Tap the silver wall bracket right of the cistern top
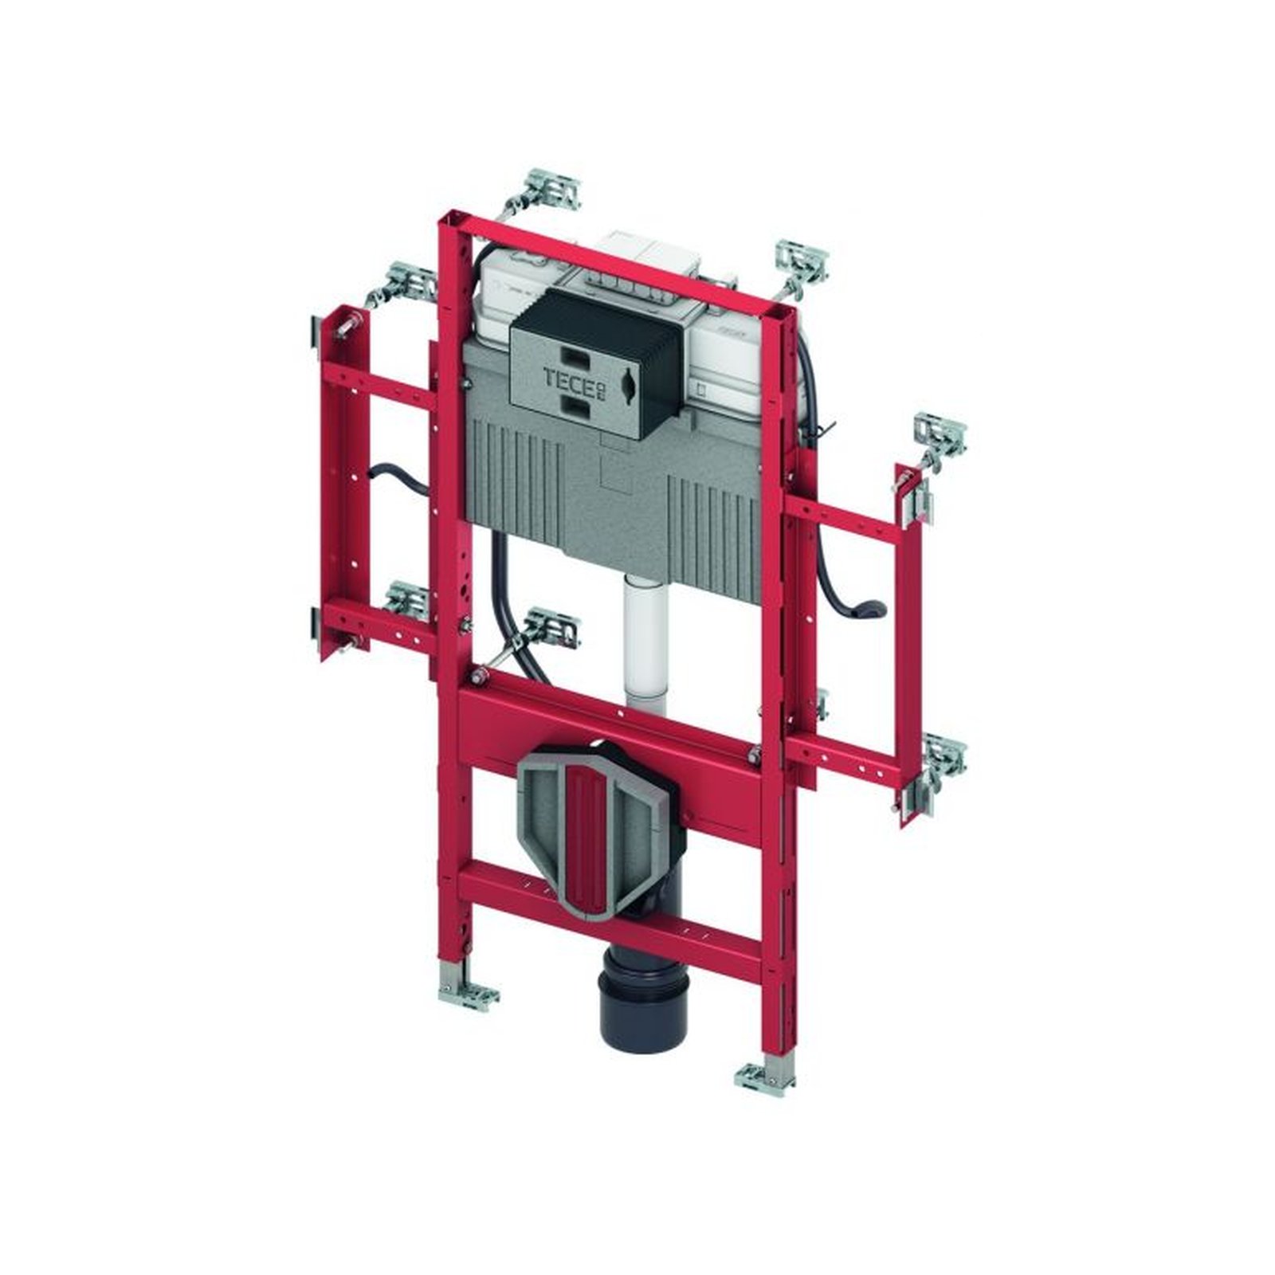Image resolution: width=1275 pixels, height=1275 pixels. [x=802, y=259]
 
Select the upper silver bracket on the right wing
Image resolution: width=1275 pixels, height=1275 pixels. [x=940, y=434]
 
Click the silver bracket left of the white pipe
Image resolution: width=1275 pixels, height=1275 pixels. [x=550, y=626]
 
